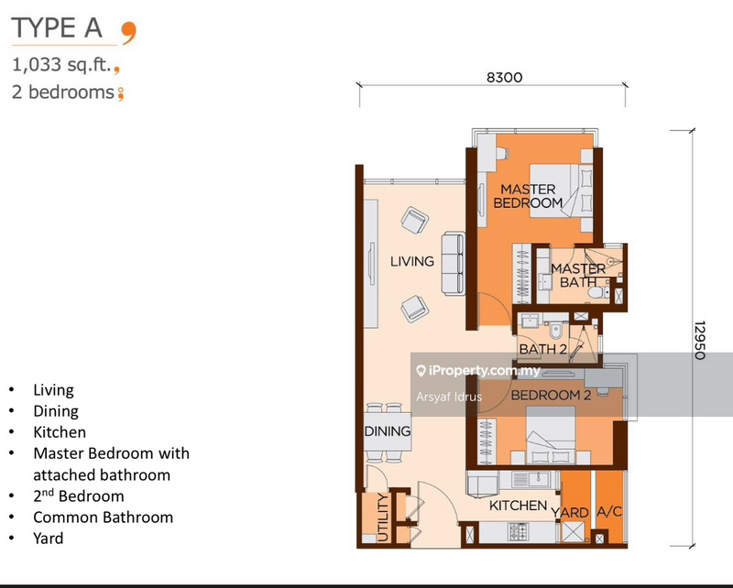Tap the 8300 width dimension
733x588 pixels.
[504, 78]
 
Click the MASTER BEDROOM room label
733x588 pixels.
[528, 196]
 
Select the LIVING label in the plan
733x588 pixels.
[411, 261]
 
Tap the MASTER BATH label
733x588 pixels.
[577, 275]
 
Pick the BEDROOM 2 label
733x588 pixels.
[550, 396]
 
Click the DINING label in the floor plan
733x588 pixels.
[388, 431]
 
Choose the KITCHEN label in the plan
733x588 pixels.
[518, 506]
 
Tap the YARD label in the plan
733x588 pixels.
[574, 512]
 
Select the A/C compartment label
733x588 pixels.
[609, 512]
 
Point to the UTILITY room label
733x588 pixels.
[381, 518]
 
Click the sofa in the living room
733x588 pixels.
[452, 265]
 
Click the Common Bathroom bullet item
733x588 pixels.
[103, 517]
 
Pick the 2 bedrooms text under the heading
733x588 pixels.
[62, 92]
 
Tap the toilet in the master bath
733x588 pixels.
[597, 292]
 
